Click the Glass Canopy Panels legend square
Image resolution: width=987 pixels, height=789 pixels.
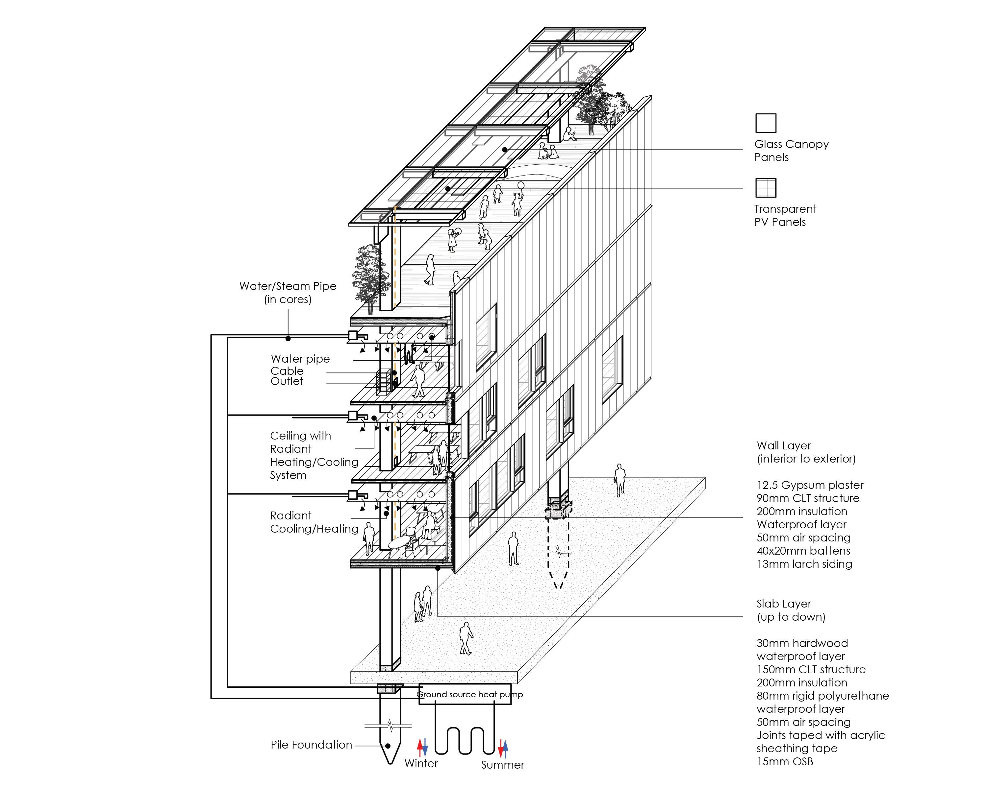pos(766,123)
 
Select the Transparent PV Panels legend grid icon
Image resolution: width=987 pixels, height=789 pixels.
pos(766,187)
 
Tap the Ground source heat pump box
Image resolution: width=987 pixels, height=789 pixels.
pos(465,695)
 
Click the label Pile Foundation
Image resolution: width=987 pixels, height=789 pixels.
pos(311,745)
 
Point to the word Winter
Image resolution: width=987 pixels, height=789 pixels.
pos(421,763)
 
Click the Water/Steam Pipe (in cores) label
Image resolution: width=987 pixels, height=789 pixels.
pos(288,292)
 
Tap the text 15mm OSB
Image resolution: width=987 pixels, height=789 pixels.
pos(785,762)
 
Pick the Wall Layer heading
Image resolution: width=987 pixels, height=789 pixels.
pos(783,445)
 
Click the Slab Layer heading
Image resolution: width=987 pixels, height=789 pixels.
pos(783,604)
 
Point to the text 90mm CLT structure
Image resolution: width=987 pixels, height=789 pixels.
pos(808,498)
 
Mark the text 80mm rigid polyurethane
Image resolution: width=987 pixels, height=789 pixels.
pos(822,696)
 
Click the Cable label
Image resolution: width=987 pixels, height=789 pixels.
pos(287,371)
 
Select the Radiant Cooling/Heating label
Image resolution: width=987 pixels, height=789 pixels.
pos(314,522)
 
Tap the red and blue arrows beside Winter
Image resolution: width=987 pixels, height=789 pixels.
pos(422,747)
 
